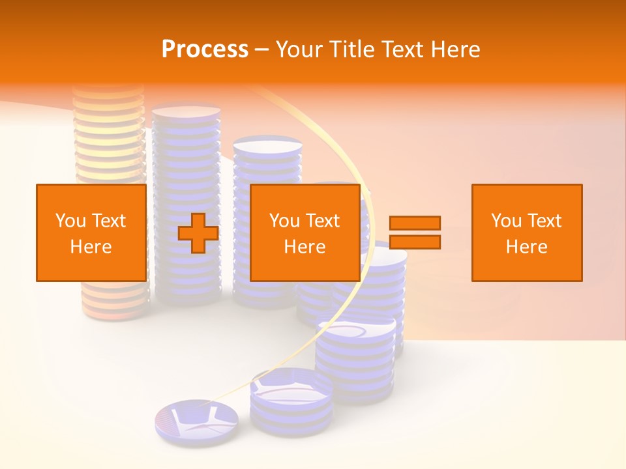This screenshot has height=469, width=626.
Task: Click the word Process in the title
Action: (x=205, y=50)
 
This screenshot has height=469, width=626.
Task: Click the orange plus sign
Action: (x=198, y=233)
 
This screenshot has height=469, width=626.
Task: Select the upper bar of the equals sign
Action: (x=415, y=223)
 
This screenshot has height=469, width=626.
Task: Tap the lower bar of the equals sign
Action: (x=415, y=242)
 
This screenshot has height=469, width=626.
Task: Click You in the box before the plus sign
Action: (x=70, y=221)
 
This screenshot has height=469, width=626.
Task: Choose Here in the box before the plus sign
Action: (x=91, y=247)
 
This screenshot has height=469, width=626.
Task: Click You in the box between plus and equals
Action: (x=284, y=221)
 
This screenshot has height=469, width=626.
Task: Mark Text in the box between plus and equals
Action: (x=321, y=221)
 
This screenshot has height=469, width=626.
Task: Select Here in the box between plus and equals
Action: (x=305, y=247)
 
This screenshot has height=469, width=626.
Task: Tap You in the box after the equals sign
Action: (x=505, y=221)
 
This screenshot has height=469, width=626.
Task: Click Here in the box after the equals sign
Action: (x=526, y=247)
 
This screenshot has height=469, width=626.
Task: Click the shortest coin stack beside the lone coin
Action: (x=291, y=401)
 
